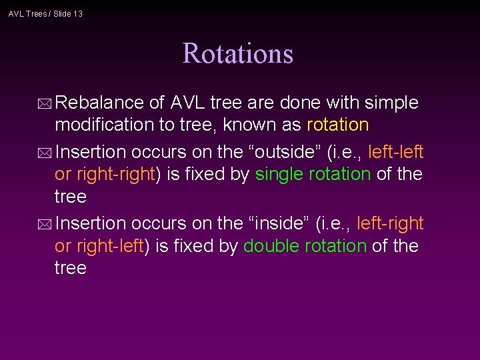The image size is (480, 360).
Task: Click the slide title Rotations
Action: point(238,53)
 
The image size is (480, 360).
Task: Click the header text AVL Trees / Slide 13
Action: point(45,13)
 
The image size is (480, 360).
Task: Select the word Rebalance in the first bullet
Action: point(100,103)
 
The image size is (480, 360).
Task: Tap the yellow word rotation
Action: point(337,125)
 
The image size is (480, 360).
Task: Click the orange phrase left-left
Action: point(395,152)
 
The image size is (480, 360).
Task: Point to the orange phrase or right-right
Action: point(105,175)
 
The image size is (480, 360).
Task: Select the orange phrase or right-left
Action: point(99,246)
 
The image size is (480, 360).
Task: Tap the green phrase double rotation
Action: point(305,246)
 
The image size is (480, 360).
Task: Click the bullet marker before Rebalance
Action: point(46,104)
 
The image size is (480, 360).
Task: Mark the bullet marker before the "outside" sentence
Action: point(46,153)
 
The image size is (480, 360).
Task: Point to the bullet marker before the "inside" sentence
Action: point(46,223)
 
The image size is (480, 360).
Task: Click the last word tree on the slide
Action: point(71,268)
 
